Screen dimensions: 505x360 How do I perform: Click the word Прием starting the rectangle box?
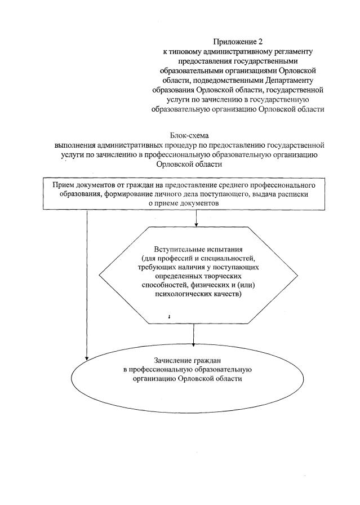(x=64, y=185)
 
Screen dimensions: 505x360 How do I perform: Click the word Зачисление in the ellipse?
(x=174, y=360)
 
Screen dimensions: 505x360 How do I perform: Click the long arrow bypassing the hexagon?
(x=87, y=282)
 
